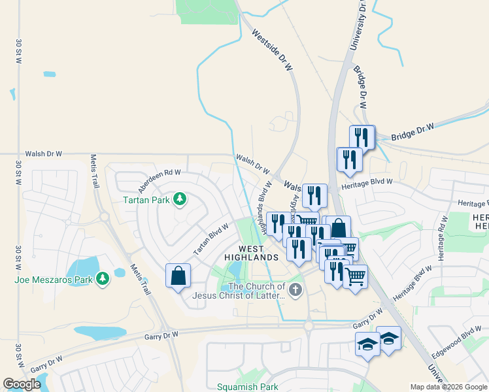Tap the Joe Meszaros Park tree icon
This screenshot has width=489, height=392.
click(x=102, y=280)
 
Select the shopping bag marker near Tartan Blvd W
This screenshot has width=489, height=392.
click(x=178, y=276)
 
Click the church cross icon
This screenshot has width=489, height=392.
click(x=295, y=289)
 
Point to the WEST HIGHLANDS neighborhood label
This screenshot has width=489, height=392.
click(x=250, y=253)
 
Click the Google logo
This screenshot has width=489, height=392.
click(x=22, y=384)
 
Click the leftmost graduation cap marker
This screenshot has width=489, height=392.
click(x=367, y=343)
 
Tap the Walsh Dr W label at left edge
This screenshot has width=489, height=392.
click(x=43, y=154)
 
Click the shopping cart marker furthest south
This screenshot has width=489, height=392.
click(x=355, y=276)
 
